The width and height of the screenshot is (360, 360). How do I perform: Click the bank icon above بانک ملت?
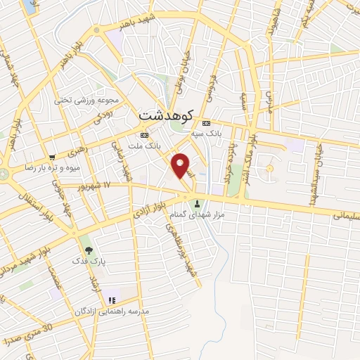pos(145,134)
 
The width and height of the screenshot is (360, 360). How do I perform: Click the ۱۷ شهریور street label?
pos(96,184)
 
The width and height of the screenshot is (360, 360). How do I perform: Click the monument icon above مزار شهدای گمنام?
pos(198,204)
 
